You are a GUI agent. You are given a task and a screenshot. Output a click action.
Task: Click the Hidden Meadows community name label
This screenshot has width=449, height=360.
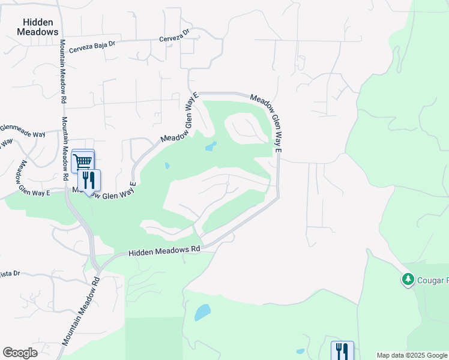tap(41, 26)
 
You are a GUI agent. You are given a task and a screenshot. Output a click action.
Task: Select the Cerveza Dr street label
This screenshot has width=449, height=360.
tap(175, 37)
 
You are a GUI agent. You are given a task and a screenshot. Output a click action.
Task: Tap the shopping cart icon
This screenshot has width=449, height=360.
tap(83, 161)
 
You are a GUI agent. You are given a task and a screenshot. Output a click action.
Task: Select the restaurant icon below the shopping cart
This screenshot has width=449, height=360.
tap(89, 180)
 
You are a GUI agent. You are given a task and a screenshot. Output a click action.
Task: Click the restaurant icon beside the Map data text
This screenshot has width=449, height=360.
tap(342, 350)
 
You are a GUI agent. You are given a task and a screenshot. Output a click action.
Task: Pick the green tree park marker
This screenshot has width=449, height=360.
tap(408, 280)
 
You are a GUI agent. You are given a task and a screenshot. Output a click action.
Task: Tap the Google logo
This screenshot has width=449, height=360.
tap(20, 353)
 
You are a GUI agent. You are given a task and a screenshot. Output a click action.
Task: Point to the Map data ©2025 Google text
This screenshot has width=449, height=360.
tap(412, 355)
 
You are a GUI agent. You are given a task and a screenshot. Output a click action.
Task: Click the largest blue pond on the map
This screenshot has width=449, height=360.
tap(202, 313)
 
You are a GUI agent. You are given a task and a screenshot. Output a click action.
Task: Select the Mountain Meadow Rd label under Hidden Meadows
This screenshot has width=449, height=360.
tap(62, 72)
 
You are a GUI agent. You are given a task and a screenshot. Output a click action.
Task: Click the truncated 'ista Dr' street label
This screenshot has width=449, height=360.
tap(10, 274)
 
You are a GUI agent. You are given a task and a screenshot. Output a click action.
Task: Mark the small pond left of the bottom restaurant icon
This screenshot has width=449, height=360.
tap(301, 351)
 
